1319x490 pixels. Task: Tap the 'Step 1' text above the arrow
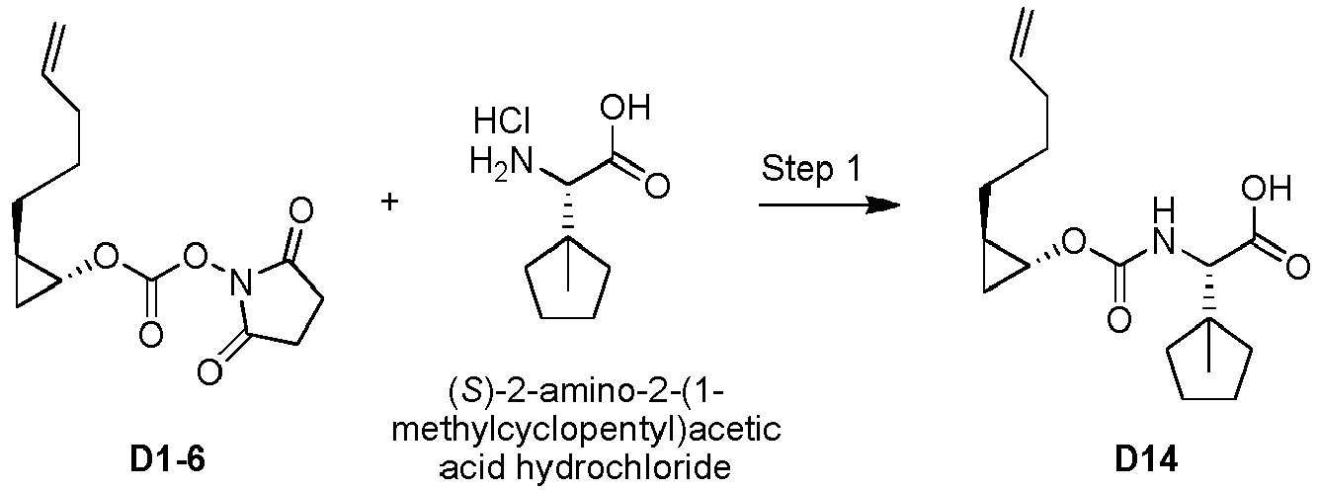pyautogui.click(x=811, y=169)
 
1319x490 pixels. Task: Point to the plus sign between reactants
pyautogui.click(x=389, y=202)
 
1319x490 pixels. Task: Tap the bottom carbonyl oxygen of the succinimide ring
pyautogui.click(x=209, y=371)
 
